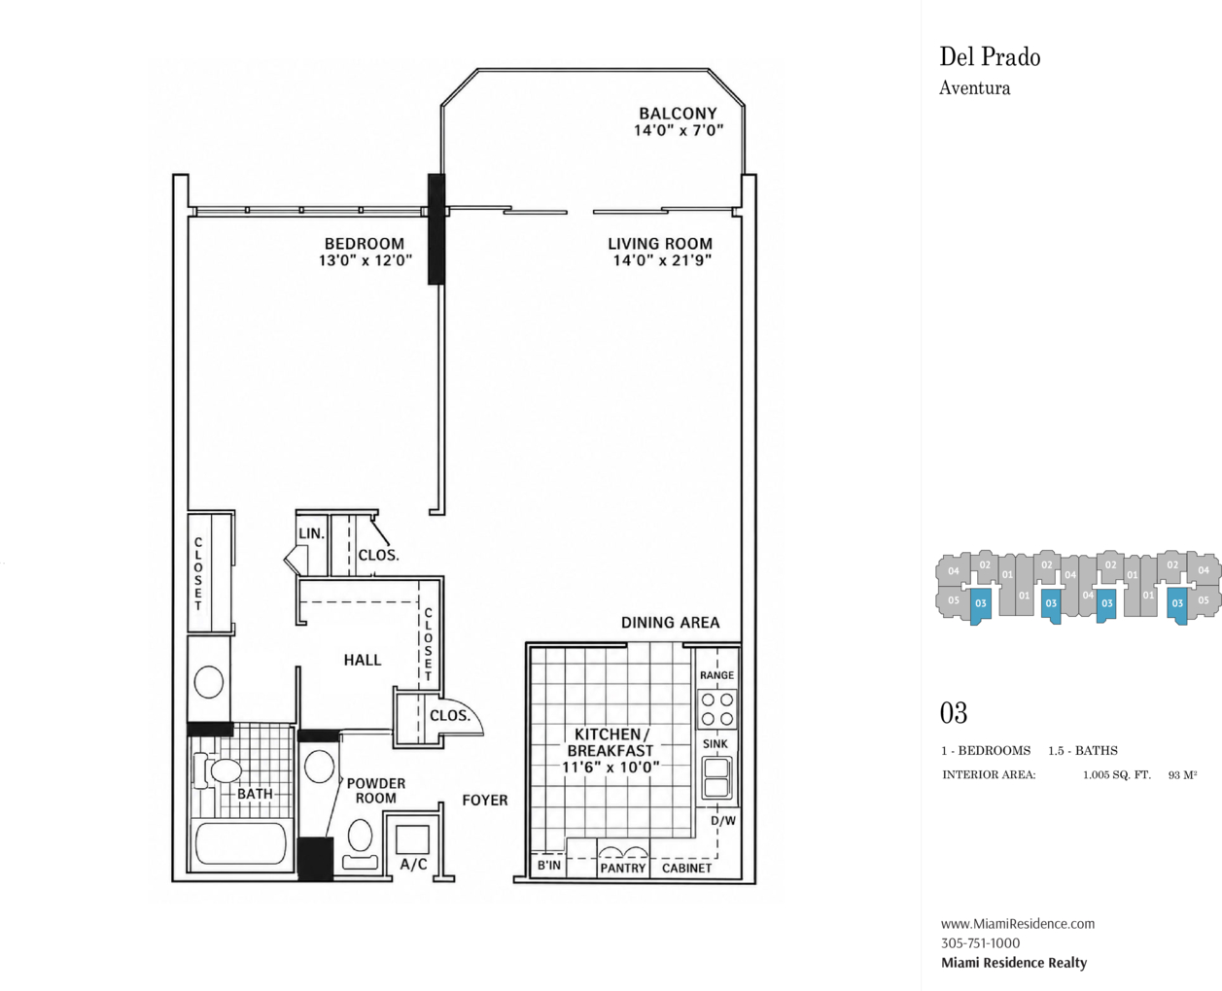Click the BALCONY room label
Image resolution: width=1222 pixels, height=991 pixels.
(678, 114)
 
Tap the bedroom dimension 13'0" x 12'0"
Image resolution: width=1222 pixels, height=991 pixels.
(366, 260)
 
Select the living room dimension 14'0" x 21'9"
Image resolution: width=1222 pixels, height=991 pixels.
(661, 260)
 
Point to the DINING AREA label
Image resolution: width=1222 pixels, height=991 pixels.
(670, 623)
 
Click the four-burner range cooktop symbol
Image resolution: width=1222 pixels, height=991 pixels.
(717, 709)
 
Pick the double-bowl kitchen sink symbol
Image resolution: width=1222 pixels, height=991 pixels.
(716, 777)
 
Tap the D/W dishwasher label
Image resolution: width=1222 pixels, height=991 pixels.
(723, 821)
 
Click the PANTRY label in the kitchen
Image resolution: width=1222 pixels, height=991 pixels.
(622, 869)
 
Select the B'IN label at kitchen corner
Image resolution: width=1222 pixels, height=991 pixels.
(549, 865)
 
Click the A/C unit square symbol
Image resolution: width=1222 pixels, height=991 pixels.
(412, 839)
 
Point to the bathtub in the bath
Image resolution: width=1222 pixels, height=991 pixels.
(241, 843)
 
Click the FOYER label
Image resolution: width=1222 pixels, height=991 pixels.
(485, 801)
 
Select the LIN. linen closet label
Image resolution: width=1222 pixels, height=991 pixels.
(311, 533)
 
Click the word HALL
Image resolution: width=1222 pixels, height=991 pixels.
(362, 661)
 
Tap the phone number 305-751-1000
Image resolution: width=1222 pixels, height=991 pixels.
(981, 942)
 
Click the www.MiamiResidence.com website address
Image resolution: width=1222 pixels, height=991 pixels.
(1018, 923)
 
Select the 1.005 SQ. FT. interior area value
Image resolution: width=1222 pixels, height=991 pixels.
(1116, 775)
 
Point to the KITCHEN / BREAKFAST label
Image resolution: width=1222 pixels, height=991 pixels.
(611, 742)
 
